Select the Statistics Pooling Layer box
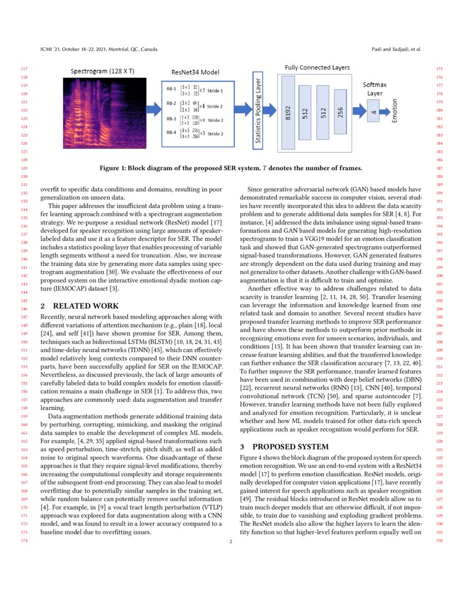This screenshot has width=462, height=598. pos(259,111)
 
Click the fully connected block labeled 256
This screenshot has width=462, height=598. pos(340,113)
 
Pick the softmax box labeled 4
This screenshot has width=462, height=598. pos(373,113)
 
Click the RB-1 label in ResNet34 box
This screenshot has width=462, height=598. pos(171,90)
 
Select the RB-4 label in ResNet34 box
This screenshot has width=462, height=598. pos(171,133)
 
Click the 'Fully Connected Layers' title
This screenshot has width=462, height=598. pos(317,67)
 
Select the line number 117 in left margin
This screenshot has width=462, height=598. pos(23,69)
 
